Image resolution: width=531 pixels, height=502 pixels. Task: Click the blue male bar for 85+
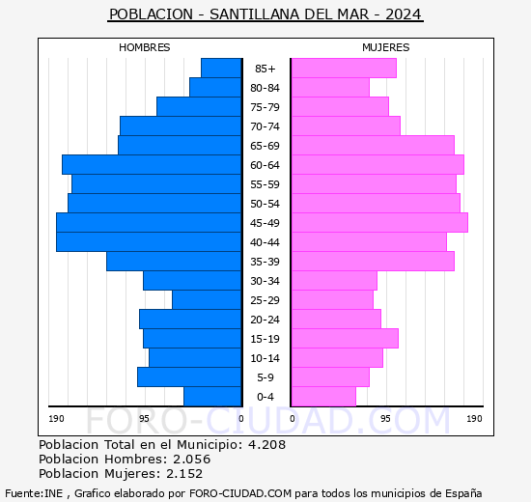(x=221, y=68)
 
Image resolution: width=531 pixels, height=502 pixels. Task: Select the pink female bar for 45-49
(x=378, y=222)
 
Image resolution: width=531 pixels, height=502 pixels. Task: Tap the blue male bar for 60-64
(x=152, y=164)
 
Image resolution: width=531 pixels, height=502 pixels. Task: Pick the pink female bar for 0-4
(x=322, y=396)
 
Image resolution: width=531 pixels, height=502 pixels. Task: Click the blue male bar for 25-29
(x=207, y=299)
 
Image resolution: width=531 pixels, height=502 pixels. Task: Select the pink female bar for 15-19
(x=344, y=338)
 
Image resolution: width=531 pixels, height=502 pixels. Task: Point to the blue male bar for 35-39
(x=174, y=261)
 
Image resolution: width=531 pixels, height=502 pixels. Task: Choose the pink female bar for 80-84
(x=329, y=87)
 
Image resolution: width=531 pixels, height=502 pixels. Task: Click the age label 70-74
(x=265, y=126)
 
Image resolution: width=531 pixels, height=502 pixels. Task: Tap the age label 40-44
(x=265, y=242)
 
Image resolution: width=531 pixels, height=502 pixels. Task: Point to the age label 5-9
(x=265, y=377)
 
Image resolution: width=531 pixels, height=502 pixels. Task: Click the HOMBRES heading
(x=144, y=47)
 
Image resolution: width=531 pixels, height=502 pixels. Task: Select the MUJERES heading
(x=385, y=47)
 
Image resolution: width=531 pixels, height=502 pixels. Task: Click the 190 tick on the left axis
(x=56, y=419)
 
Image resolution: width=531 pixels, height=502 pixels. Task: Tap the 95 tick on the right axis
(x=385, y=419)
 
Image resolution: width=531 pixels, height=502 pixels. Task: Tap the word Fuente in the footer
(x=22, y=492)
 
